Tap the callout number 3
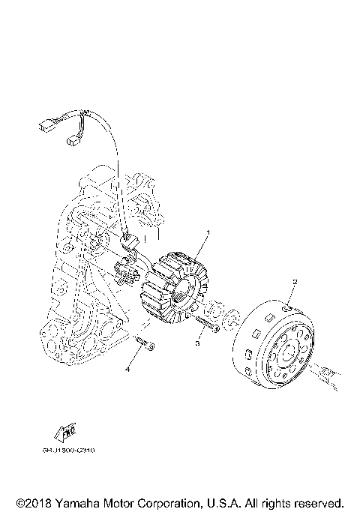(x=197, y=342)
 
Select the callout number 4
(x=128, y=369)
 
